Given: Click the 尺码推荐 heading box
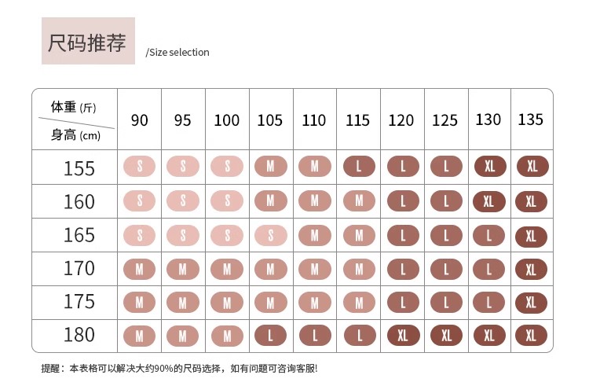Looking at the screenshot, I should tap(88, 42).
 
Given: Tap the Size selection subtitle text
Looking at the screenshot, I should tap(178, 53).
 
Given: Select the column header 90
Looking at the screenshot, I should tap(140, 120).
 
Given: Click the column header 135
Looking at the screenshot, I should tap(531, 119).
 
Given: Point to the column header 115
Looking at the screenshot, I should tap(357, 120).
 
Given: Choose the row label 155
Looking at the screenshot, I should tap(79, 168).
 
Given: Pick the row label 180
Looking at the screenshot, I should tap(79, 335).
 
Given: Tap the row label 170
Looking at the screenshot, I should tap(79, 268).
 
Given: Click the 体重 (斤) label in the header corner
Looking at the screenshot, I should tap(73, 107).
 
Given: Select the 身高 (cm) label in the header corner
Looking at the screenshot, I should tap(75, 135).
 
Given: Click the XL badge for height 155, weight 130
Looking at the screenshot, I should tap(490, 167).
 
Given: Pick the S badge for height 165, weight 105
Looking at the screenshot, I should tap(271, 235).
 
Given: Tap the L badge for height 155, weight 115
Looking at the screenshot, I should tap(359, 167).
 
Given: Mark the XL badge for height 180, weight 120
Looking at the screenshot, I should tap(403, 336).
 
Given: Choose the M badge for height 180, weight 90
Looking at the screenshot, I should tap(140, 336).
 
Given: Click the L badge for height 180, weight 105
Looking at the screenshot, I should tap(271, 336).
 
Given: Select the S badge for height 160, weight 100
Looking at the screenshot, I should tap(227, 200).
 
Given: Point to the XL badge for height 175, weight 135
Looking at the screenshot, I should tap(531, 302).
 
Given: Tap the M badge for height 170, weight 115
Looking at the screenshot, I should tap(359, 269).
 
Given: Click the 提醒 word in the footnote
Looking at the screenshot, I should tap(51, 368).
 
